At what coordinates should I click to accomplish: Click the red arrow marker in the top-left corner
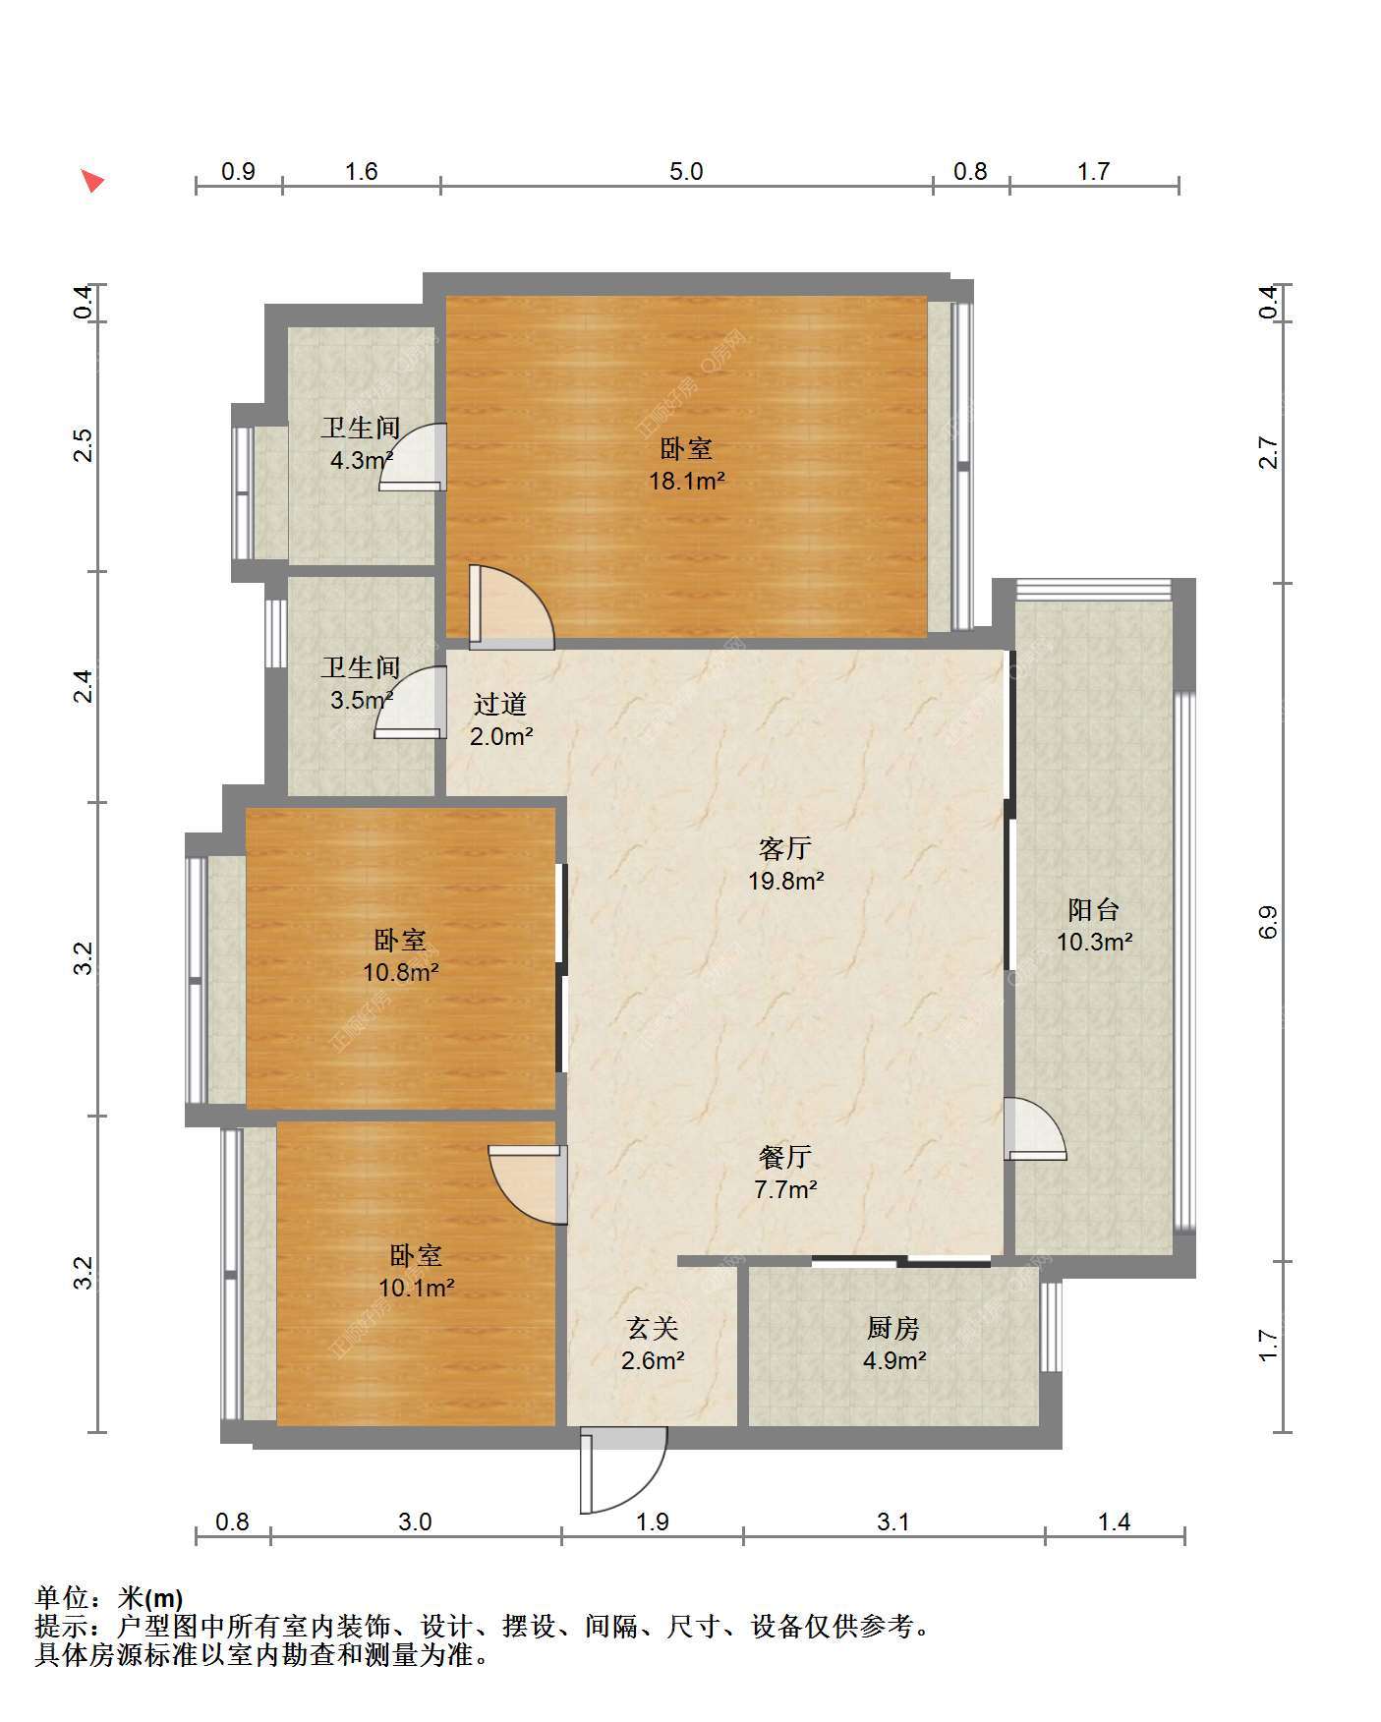pyautogui.click(x=92, y=181)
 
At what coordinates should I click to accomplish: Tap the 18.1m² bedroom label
pyautogui.click(x=686, y=465)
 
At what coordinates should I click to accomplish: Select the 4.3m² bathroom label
pyautogui.click(x=362, y=443)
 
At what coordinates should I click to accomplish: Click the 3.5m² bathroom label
pyautogui.click(x=362, y=684)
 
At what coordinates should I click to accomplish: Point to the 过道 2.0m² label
pyautogui.click(x=501, y=719)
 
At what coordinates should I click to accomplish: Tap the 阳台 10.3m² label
pyautogui.click(x=1094, y=926)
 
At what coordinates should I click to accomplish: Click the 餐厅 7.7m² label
pyautogui.click(x=785, y=1173)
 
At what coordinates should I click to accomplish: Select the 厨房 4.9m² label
pyautogui.click(x=893, y=1345)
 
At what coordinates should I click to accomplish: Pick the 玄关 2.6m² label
pyautogui.click(x=653, y=1345)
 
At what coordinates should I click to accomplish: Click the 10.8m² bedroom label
pyautogui.click(x=400, y=956)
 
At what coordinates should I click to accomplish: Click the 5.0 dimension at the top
pyautogui.click(x=686, y=171)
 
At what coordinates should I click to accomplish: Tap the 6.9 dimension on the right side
pyautogui.click(x=1267, y=921)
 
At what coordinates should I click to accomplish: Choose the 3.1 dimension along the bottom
pyautogui.click(x=892, y=1522)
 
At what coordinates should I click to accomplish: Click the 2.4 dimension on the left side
pyautogui.click(x=85, y=685)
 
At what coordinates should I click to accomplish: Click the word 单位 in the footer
pyautogui.click(x=65, y=1597)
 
